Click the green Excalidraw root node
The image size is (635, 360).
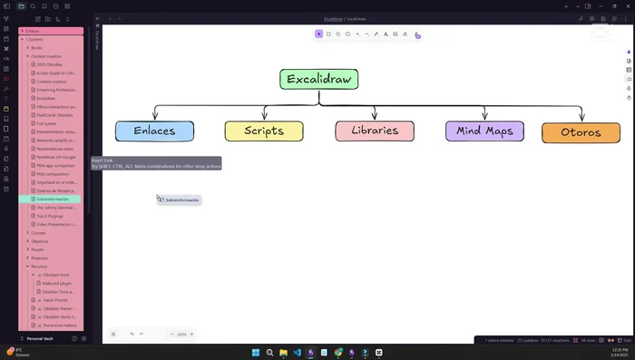(x=319, y=79)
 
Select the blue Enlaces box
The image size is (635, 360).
(x=154, y=131)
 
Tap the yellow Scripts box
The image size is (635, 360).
(x=264, y=131)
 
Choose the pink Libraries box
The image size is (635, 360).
(x=375, y=131)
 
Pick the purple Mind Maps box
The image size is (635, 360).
(x=484, y=131)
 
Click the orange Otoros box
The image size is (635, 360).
(x=581, y=132)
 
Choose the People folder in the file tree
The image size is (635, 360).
(x=37, y=249)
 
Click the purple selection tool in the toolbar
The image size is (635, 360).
(x=318, y=34)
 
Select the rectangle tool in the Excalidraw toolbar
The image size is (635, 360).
(x=328, y=34)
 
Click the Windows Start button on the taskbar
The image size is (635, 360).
(x=256, y=352)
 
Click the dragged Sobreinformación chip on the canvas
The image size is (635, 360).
(x=180, y=199)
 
